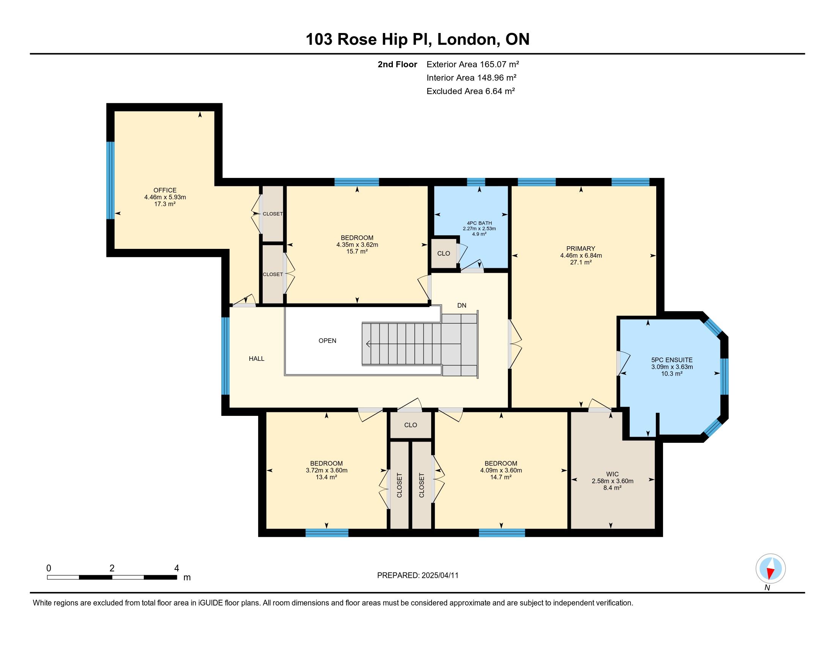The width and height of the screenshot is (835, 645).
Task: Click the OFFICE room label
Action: (x=165, y=190)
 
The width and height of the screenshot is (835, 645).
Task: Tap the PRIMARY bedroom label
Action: (x=581, y=249)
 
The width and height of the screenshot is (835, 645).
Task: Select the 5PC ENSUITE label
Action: (x=672, y=360)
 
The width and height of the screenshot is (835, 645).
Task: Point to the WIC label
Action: (x=613, y=474)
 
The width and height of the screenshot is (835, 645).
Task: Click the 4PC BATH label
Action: (x=479, y=223)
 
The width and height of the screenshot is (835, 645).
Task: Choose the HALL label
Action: (x=257, y=359)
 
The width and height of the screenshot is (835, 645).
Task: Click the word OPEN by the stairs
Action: (x=327, y=341)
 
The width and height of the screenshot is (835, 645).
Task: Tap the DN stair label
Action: (x=462, y=305)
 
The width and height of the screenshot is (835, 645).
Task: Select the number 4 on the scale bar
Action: (x=176, y=568)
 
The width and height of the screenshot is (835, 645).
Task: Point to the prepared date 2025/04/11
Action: (x=440, y=576)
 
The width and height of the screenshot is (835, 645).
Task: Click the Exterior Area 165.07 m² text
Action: (x=473, y=64)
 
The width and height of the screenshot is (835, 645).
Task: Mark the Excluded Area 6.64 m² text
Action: (x=471, y=91)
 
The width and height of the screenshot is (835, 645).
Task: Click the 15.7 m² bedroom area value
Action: (x=357, y=252)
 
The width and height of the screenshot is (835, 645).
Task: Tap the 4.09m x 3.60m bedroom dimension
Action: (x=501, y=470)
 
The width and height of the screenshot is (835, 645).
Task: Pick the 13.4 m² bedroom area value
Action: (x=326, y=477)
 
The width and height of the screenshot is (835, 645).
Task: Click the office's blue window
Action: (x=110, y=180)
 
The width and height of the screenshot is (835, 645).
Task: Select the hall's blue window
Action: (x=225, y=356)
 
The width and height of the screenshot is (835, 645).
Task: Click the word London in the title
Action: (x=466, y=39)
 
